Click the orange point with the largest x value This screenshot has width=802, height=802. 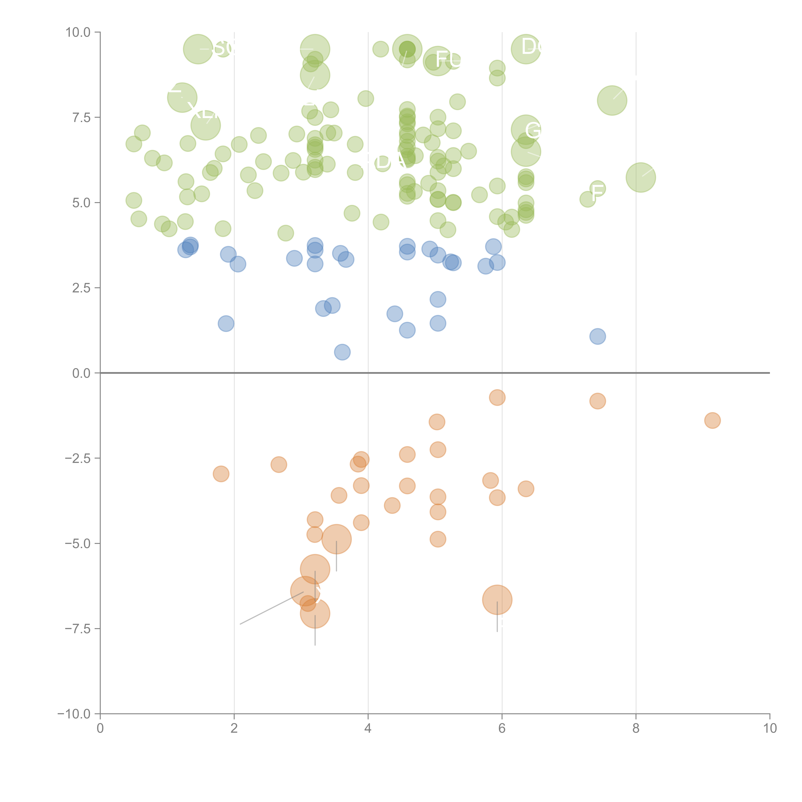click(x=712, y=421)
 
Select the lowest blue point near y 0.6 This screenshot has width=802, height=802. click(x=342, y=352)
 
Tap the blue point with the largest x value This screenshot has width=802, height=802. click(x=597, y=336)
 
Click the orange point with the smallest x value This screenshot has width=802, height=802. click(x=221, y=474)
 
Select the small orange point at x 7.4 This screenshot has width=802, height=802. click(x=597, y=401)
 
